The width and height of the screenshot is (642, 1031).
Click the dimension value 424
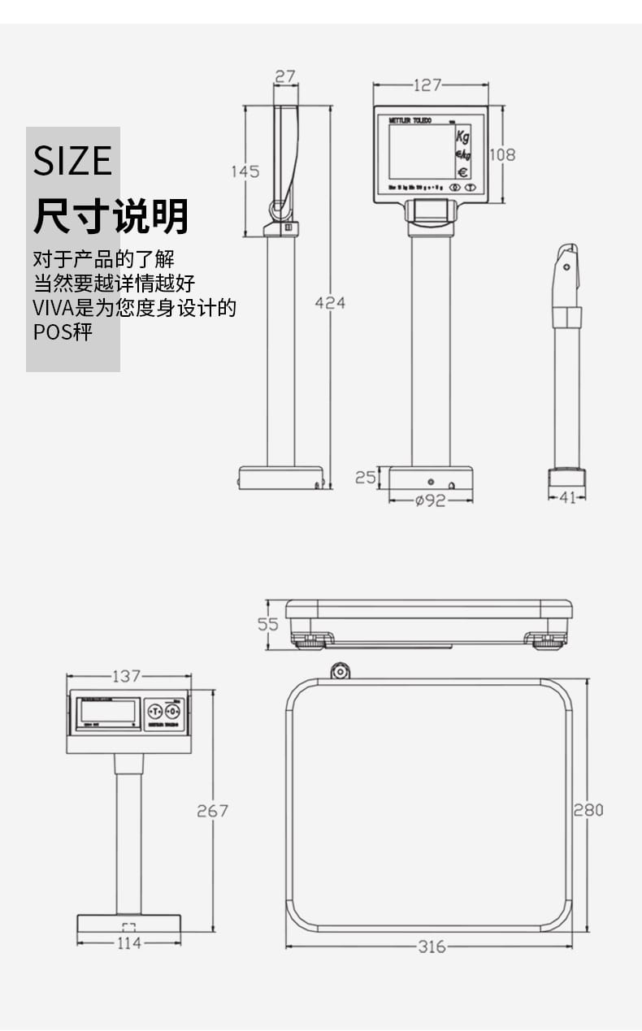(330, 303)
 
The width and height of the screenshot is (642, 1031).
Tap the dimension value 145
(245, 171)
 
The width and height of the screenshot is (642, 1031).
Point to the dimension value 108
(502, 154)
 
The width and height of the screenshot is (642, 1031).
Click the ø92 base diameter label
(430, 501)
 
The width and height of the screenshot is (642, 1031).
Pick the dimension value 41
(567, 497)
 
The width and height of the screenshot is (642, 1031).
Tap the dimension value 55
(268, 624)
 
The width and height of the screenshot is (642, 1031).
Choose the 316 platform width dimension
(431, 947)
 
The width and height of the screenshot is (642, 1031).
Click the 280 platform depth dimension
(588, 810)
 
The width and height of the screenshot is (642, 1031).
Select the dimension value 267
(212, 811)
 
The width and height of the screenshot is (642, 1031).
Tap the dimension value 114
(128, 943)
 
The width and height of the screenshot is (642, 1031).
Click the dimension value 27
(285, 76)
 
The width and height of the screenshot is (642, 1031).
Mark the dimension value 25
(366, 478)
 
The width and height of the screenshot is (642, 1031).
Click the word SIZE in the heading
(72, 161)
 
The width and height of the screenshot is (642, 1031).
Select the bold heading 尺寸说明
(111, 216)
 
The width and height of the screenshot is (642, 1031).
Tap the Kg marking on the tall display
(462, 136)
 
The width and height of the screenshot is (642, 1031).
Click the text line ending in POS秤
(63, 332)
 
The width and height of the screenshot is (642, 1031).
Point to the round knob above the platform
(340, 670)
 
